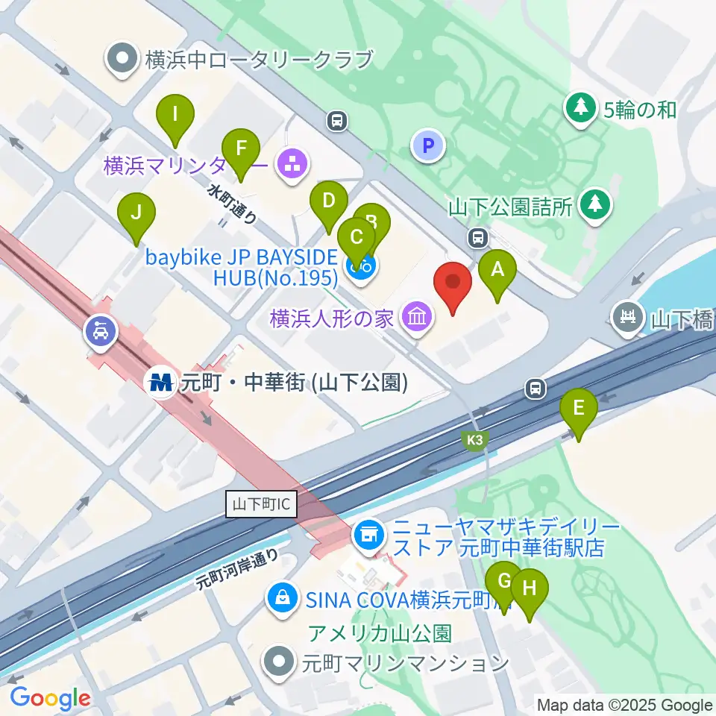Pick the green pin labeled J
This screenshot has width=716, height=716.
[136, 216]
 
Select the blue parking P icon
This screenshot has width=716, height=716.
[428, 145]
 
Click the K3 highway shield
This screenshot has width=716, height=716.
[477, 441]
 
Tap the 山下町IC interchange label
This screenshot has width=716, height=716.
[261, 505]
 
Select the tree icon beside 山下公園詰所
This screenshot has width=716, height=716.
[594, 204]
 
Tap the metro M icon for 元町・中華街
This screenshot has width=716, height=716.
[161, 383]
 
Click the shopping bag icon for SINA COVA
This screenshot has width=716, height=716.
[283, 597]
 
